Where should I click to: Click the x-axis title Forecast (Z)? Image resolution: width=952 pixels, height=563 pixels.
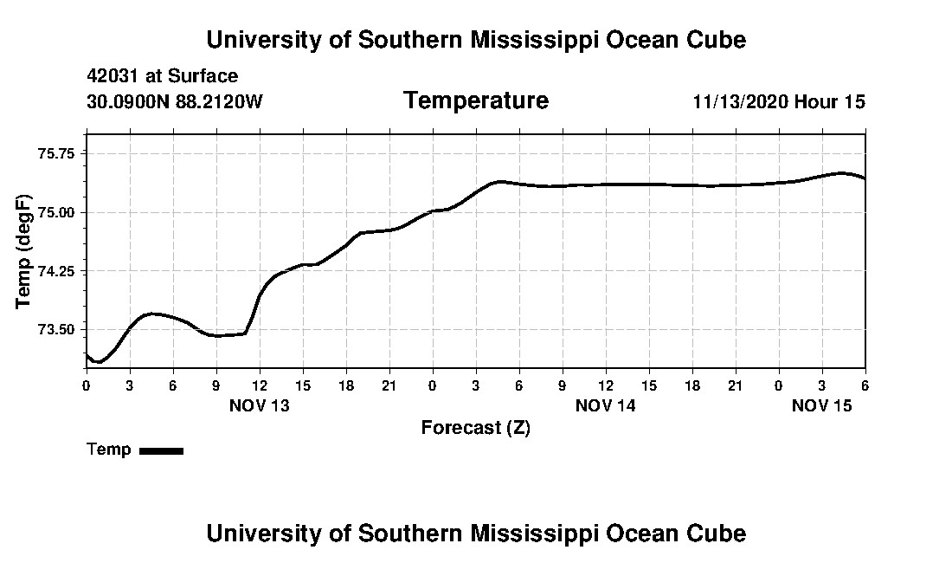(475, 428)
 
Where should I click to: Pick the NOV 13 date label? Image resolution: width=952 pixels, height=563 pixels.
(260, 405)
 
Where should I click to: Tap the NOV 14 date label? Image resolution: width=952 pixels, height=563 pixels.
(606, 405)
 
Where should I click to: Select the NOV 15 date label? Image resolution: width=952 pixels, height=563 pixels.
(822, 405)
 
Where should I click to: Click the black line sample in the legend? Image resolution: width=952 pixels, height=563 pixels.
(161, 450)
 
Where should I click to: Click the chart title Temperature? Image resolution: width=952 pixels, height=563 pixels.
(475, 100)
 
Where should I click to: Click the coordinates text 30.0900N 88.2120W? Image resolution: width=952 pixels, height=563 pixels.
(174, 101)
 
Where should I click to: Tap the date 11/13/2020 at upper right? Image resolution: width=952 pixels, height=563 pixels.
(741, 101)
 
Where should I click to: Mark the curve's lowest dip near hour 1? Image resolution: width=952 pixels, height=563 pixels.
(99, 361)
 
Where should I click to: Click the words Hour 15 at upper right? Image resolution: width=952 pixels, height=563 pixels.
(830, 101)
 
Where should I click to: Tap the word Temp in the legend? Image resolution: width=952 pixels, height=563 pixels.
(109, 450)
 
